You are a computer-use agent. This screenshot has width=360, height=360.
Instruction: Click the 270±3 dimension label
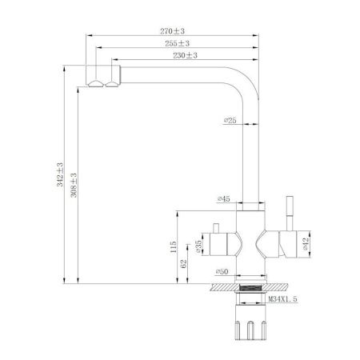[174, 30]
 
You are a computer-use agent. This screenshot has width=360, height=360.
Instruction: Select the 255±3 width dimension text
[178, 43]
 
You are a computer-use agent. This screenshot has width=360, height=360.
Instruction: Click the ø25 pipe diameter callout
[230, 121]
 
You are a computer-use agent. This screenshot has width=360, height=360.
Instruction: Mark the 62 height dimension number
[183, 263]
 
